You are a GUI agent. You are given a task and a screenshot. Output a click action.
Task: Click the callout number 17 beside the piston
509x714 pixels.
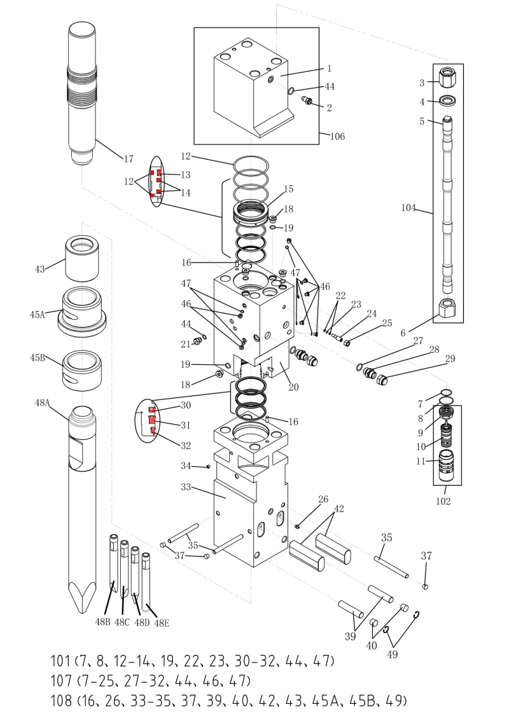(x=129, y=159)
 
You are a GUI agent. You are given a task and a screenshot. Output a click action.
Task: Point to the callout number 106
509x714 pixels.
(x=337, y=136)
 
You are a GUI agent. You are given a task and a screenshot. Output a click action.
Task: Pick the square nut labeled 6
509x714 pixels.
(x=449, y=309)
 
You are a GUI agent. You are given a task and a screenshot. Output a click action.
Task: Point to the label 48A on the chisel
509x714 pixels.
(x=43, y=403)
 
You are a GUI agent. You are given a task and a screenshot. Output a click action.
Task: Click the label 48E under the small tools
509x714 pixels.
(x=162, y=623)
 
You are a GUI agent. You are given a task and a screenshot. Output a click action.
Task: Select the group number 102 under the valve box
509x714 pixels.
(x=443, y=501)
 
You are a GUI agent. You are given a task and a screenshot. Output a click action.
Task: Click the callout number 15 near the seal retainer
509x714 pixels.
(x=288, y=189)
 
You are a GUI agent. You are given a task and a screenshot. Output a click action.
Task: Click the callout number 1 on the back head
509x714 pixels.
(x=330, y=68)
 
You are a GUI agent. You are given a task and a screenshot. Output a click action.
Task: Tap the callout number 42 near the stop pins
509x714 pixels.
(x=338, y=509)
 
